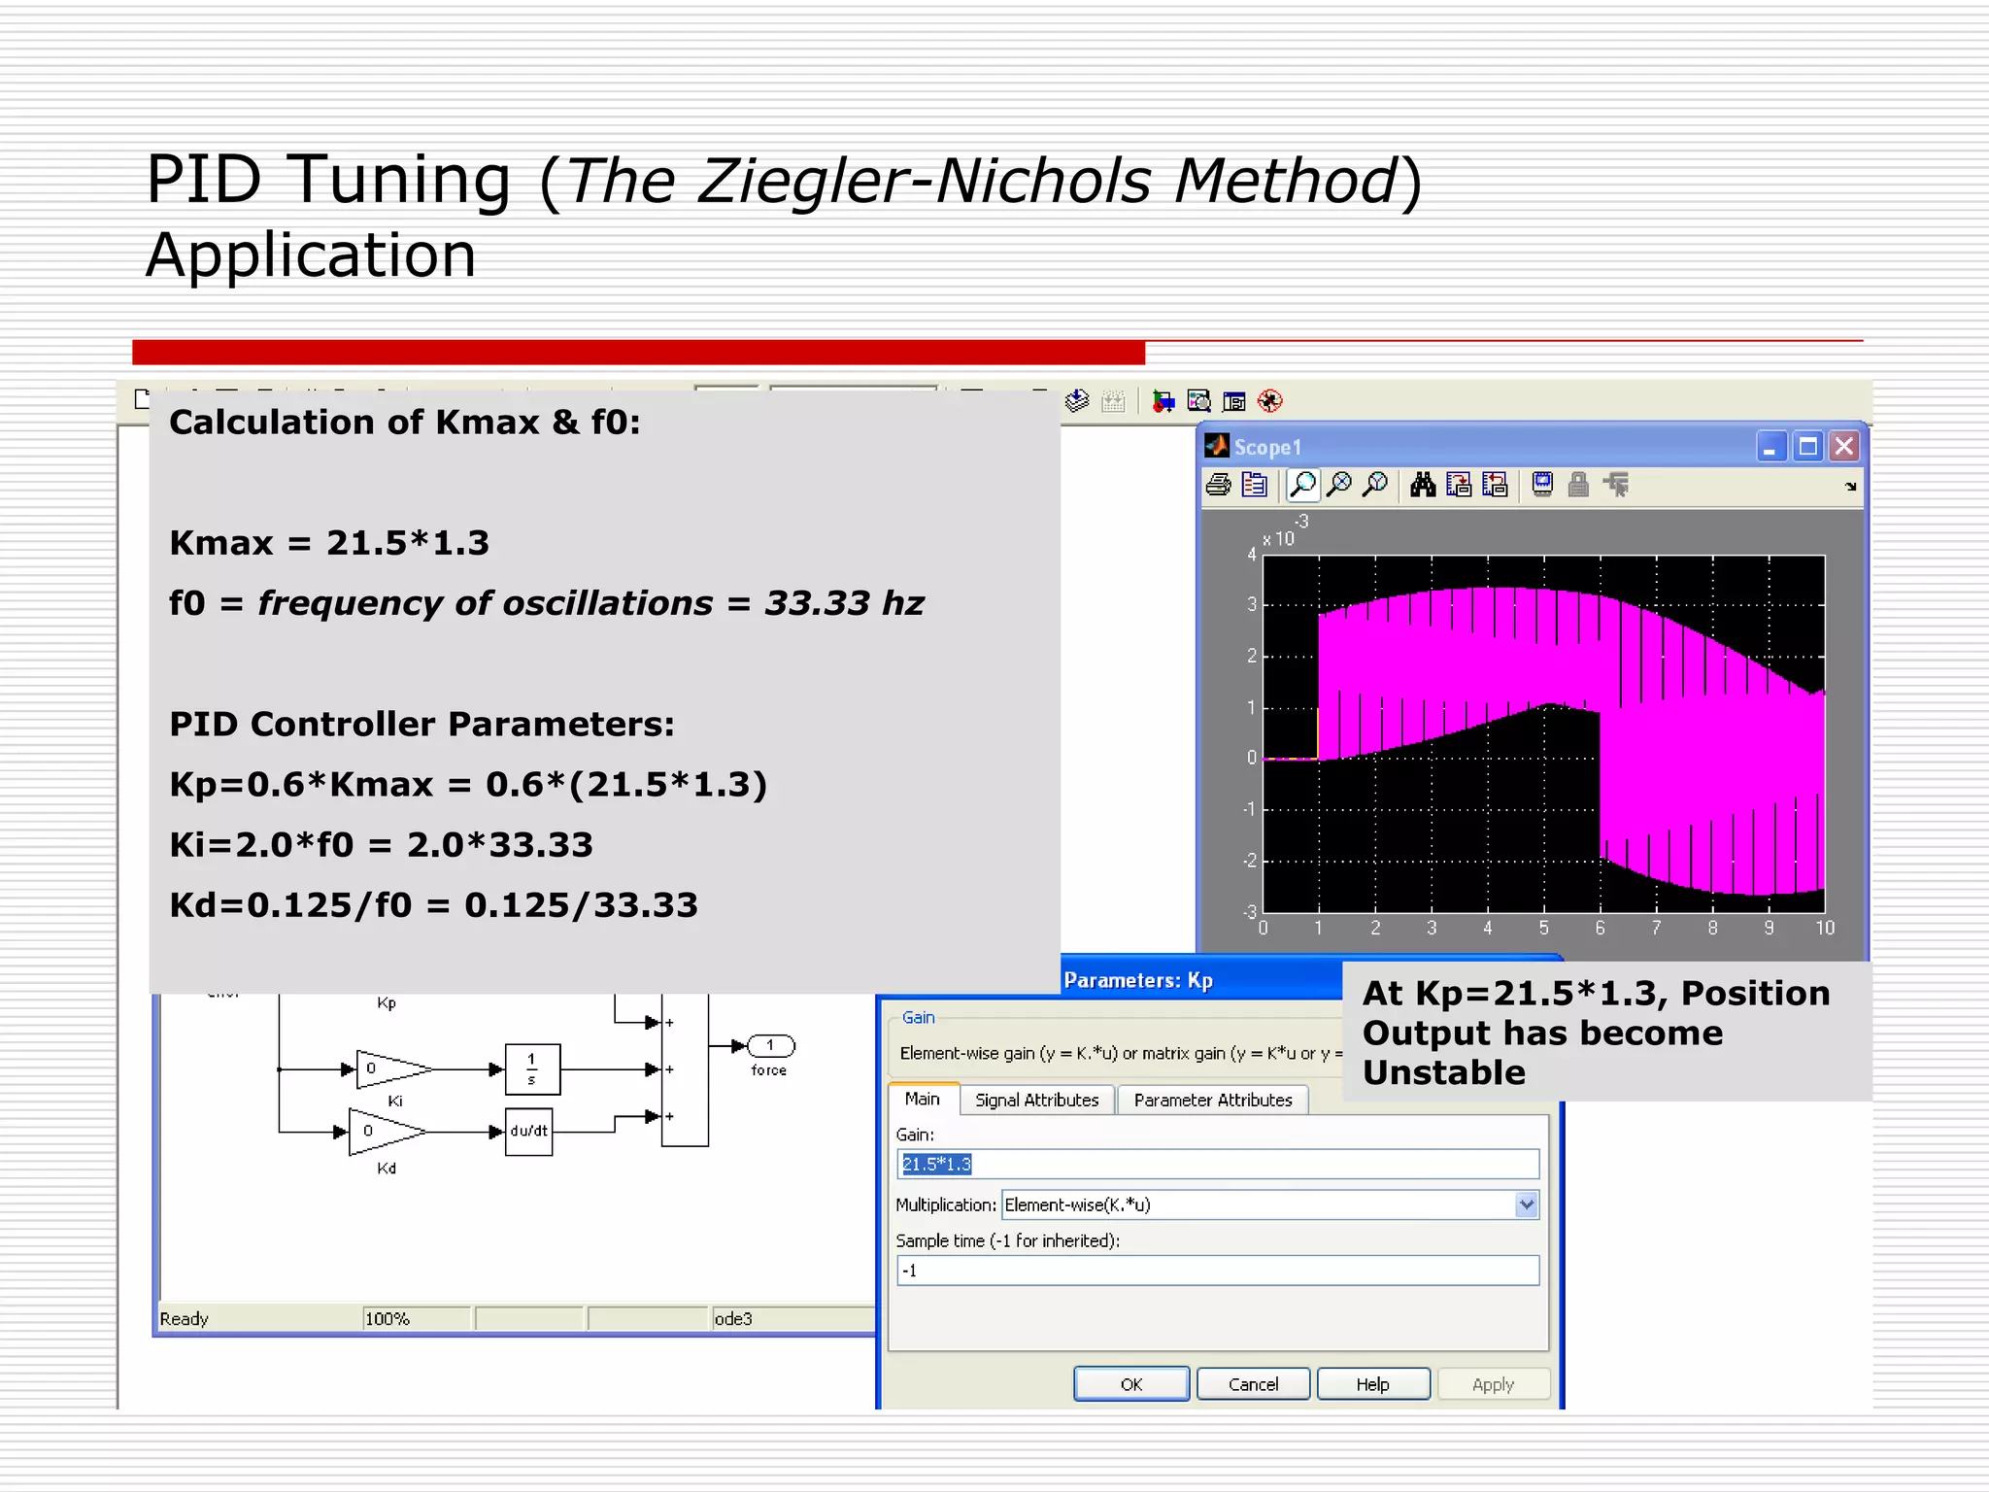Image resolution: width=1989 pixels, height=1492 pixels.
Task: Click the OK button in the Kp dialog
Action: click(x=1131, y=1384)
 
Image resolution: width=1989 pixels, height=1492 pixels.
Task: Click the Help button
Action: click(x=1372, y=1384)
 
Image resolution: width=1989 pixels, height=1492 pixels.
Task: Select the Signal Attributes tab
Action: click(x=1036, y=1100)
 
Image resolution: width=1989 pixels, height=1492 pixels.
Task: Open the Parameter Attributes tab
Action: click(x=1212, y=1100)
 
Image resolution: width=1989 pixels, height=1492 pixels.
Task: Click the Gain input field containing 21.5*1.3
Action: click(x=1218, y=1164)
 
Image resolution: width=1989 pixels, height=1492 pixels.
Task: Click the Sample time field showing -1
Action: click(x=1218, y=1271)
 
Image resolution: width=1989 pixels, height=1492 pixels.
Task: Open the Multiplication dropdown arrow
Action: click(x=1526, y=1204)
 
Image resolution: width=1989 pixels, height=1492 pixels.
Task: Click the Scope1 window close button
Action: click(x=1843, y=447)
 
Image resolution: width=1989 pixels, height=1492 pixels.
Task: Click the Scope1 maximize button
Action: click(x=1807, y=447)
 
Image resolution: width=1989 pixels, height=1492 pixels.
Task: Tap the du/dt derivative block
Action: click(x=529, y=1132)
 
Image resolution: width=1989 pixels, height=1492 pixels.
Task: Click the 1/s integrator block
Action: click(x=532, y=1068)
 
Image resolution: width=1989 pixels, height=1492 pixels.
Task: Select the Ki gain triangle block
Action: click(x=390, y=1068)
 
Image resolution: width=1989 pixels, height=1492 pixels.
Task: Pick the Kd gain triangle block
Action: click(x=385, y=1132)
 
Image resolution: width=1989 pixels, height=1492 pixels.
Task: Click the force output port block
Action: click(x=771, y=1046)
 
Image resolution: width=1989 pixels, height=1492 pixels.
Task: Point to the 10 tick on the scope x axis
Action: click(x=1825, y=929)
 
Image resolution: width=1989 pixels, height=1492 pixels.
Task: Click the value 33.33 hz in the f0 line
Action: click(x=844, y=603)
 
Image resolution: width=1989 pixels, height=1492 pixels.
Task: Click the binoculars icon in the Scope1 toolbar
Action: click(x=1423, y=485)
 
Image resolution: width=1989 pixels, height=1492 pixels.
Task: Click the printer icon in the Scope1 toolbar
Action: click(x=1218, y=485)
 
